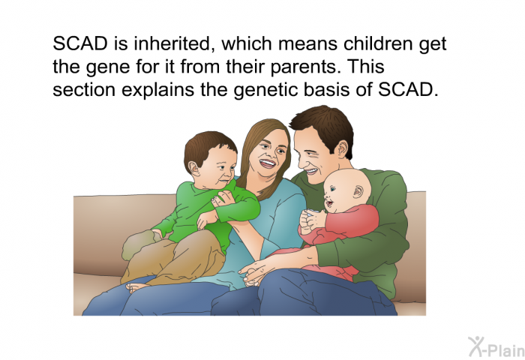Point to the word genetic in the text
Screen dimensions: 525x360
pyautogui.click(x=266, y=90)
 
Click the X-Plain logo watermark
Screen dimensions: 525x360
pyautogui.click(x=496, y=347)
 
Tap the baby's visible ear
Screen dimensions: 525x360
pyautogui.click(x=358, y=191)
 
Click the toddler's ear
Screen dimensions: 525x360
pyautogui.click(x=193, y=168)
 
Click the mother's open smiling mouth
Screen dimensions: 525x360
pyautogui.click(x=268, y=163)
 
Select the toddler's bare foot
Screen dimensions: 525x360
pyautogui.click(x=136, y=287)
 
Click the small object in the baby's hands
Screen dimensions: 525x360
pyautogui.click(x=313, y=211)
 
